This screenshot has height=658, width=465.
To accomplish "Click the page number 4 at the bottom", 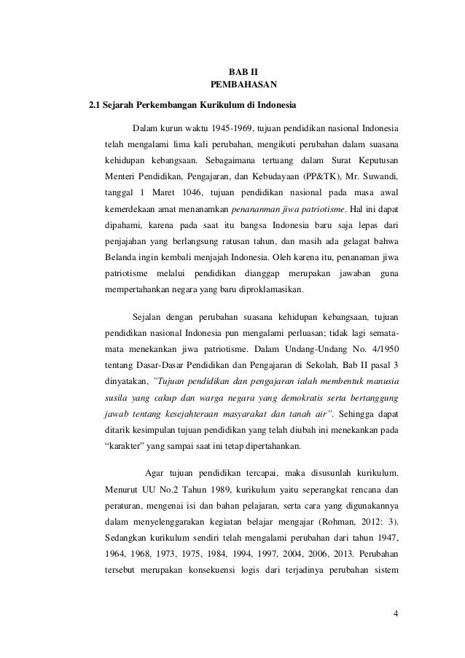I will coord(394,612).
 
